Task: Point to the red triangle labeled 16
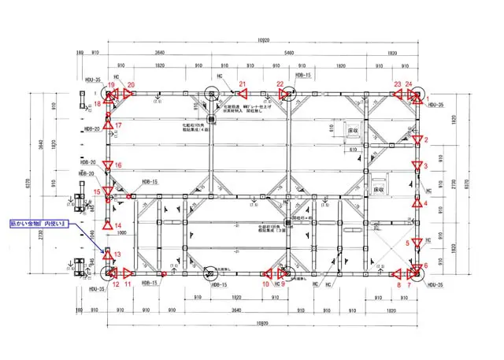(x=109, y=165)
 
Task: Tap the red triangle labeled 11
(x=128, y=273)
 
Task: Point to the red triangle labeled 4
(x=415, y=202)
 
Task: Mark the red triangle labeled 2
(x=415, y=139)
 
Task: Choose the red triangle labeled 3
(x=415, y=166)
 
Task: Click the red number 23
(x=398, y=84)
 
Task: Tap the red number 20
(x=131, y=84)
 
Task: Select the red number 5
(x=408, y=243)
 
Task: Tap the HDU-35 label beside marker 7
(x=436, y=284)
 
